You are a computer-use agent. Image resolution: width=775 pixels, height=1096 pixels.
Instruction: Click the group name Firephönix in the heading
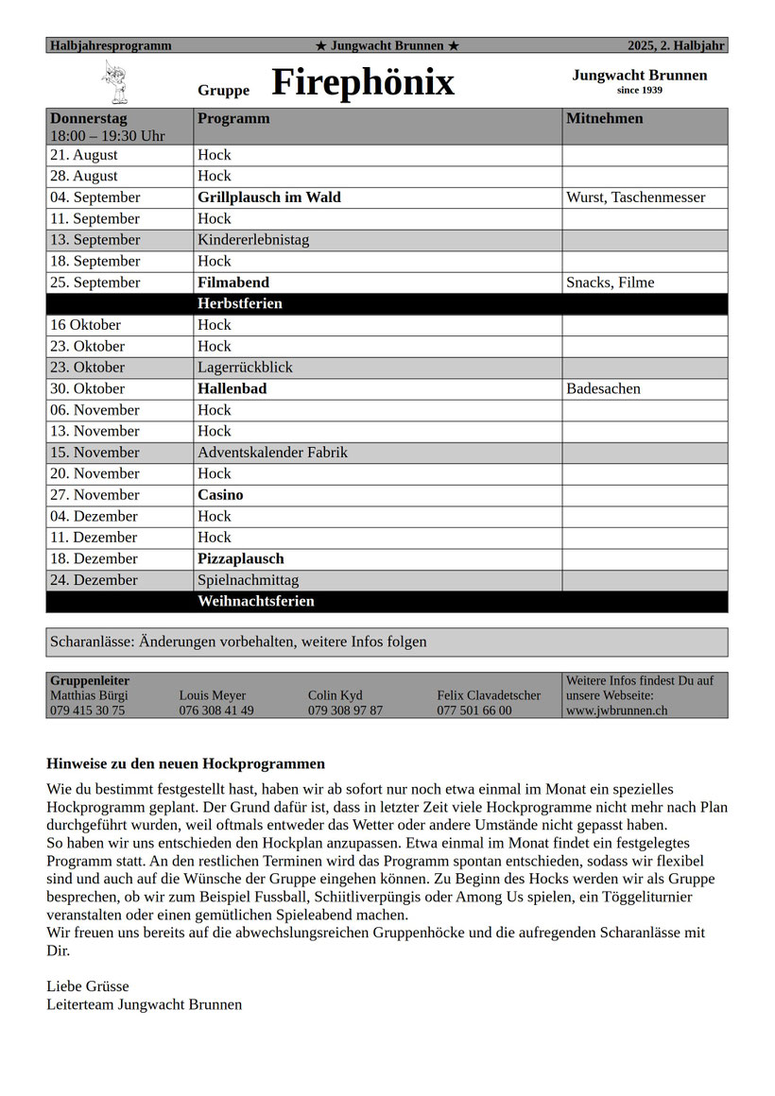click(x=363, y=83)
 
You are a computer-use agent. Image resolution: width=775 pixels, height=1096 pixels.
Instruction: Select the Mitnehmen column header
click(x=605, y=119)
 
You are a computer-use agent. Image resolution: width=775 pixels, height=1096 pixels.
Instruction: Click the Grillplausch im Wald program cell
click(x=269, y=197)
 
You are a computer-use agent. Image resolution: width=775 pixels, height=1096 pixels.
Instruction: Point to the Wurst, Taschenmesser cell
click(x=635, y=197)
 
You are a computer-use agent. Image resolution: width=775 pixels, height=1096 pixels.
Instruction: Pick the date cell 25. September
click(x=95, y=283)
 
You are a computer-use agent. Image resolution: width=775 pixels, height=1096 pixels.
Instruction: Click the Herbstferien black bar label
click(x=240, y=304)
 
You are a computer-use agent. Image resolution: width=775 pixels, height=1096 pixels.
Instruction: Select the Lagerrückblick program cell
click(x=245, y=368)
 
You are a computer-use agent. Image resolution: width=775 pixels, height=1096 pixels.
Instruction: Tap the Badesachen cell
click(x=603, y=388)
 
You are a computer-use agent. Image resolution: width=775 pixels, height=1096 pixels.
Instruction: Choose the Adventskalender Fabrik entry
click(x=272, y=453)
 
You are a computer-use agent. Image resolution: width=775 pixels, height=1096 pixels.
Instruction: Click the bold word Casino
click(x=220, y=495)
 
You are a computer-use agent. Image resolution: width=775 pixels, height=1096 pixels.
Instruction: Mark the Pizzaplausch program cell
click(x=240, y=558)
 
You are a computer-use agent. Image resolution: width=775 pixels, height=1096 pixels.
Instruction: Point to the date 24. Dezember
click(x=94, y=580)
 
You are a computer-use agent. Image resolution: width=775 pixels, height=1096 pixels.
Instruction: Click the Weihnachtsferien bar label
click(x=256, y=602)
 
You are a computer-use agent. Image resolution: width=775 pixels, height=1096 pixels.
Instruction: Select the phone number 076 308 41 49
click(x=216, y=711)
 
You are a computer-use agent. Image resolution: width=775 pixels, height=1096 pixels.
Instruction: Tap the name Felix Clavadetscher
click(x=489, y=695)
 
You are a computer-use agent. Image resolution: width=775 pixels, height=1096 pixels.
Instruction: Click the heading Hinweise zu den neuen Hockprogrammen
click(x=185, y=763)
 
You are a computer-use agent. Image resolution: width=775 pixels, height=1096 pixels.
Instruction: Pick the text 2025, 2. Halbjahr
click(x=677, y=45)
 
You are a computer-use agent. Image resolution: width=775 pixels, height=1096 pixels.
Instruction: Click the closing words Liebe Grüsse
click(x=88, y=986)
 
